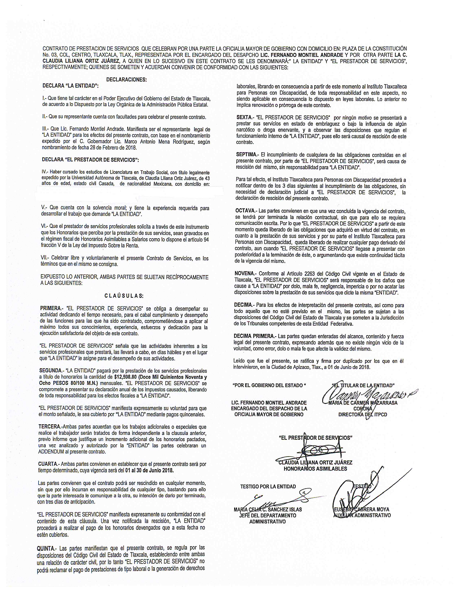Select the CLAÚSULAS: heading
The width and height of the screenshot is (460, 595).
(x=124, y=296)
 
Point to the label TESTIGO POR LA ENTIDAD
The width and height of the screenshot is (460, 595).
(x=268, y=487)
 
